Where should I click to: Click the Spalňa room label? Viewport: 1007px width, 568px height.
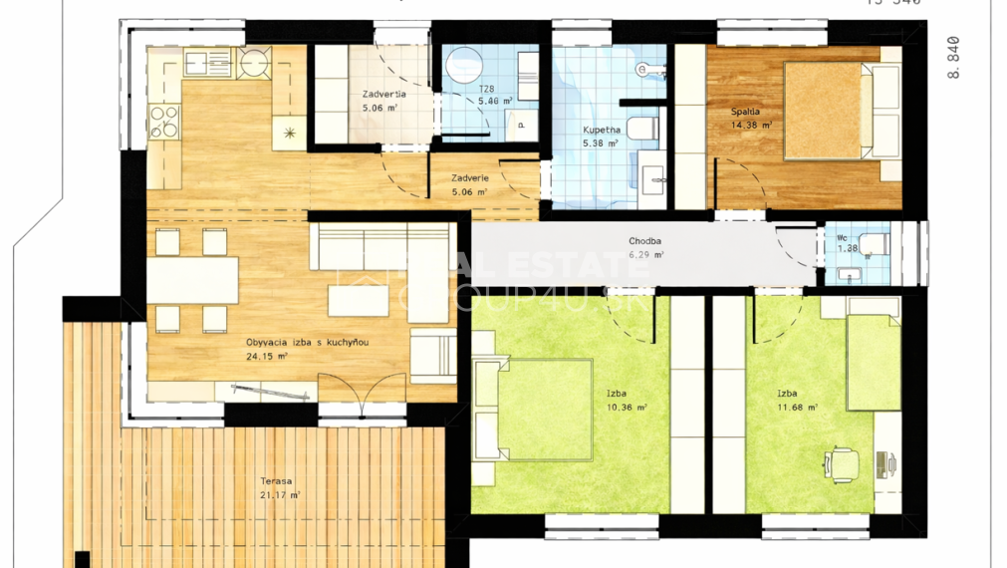[x=744, y=112]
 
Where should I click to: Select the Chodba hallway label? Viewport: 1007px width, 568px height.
[x=645, y=241]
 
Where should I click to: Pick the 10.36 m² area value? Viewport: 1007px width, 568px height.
[x=628, y=407]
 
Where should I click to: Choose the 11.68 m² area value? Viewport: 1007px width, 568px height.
[x=798, y=407]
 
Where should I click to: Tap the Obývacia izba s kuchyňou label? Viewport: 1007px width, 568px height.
[x=308, y=343]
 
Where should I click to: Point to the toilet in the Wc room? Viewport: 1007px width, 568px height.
[x=875, y=243]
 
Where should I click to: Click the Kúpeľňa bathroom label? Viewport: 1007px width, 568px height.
[x=602, y=131]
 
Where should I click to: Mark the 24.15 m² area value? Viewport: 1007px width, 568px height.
[x=268, y=356]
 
